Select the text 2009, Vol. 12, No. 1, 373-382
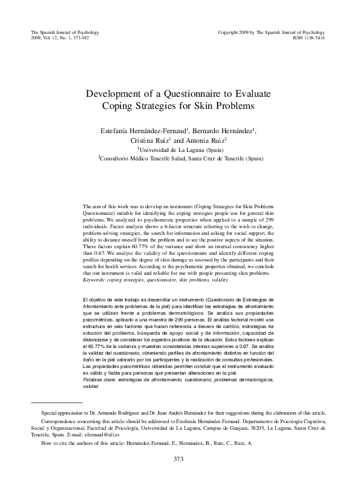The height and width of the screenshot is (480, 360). point(56,36)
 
